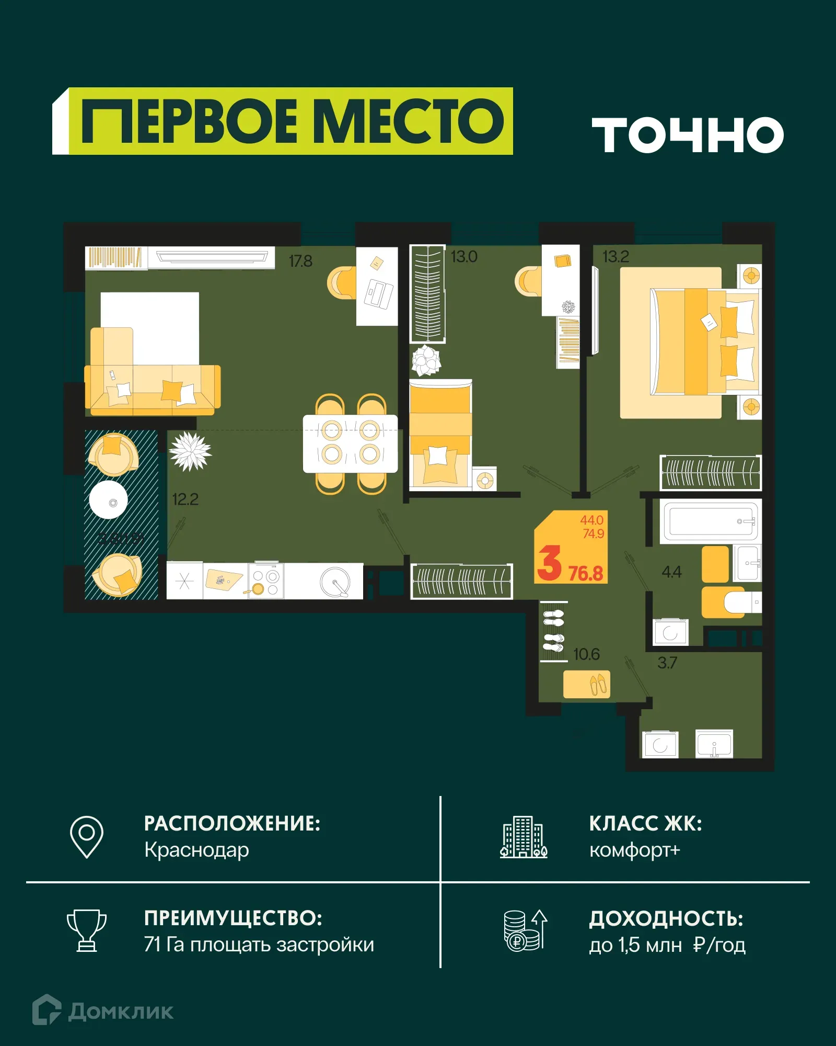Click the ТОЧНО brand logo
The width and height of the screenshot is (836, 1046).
pos(688,135)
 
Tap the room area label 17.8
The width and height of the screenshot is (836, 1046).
pos(300,261)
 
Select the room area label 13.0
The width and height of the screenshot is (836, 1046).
pos(464,257)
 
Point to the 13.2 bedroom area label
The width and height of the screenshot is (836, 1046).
pos(616,257)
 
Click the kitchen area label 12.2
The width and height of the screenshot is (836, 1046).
pos(185,499)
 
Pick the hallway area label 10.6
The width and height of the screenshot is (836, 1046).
pos(586,654)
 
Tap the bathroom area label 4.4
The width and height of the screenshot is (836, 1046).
pos(671,572)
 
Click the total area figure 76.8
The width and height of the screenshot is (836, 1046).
pos(586,574)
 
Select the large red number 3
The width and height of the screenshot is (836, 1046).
pos(549,563)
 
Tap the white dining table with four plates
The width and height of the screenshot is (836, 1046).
pos(350,443)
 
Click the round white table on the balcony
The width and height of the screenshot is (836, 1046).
pos(109,500)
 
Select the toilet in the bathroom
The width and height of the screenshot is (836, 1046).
pos(741,602)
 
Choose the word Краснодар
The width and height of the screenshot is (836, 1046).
pos(196,850)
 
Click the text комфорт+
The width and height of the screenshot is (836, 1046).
pos(634,850)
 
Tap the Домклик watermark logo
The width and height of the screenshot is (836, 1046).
pos(103,1011)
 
